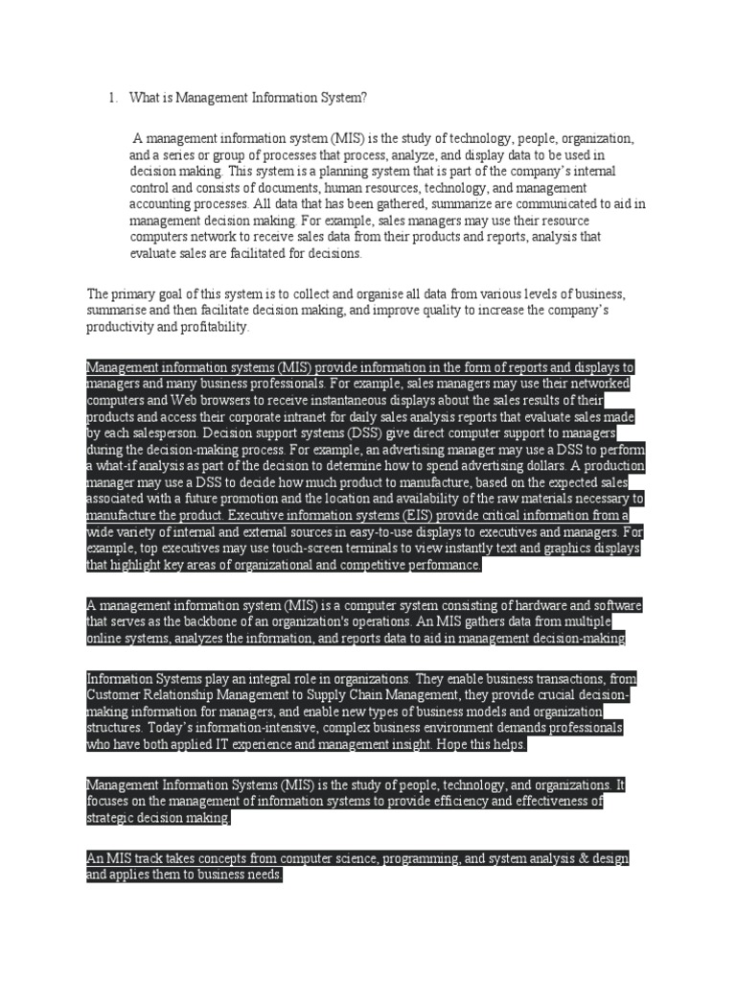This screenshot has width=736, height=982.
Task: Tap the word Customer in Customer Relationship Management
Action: coord(116,695)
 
